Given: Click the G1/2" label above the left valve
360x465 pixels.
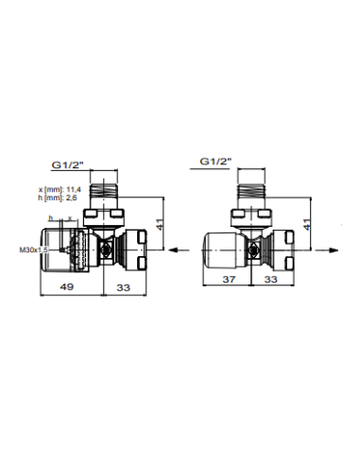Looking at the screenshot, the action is coord(67,164).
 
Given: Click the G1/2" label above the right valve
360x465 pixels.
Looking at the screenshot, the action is coord(215,162).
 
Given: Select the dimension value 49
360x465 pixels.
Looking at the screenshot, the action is coord(67,286).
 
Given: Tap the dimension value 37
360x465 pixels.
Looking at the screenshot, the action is coord(229,279).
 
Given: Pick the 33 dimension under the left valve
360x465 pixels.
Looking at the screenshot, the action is coord(124,287).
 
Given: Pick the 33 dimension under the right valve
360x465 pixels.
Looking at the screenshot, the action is coord(270,279).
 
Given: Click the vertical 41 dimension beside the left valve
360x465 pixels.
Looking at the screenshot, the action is coord(160,224).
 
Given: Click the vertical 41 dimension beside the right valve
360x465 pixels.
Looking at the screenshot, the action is coord(306,224).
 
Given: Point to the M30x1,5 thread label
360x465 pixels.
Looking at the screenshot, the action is coord(34,250).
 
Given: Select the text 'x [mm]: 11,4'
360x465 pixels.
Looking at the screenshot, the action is coord(60,190).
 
